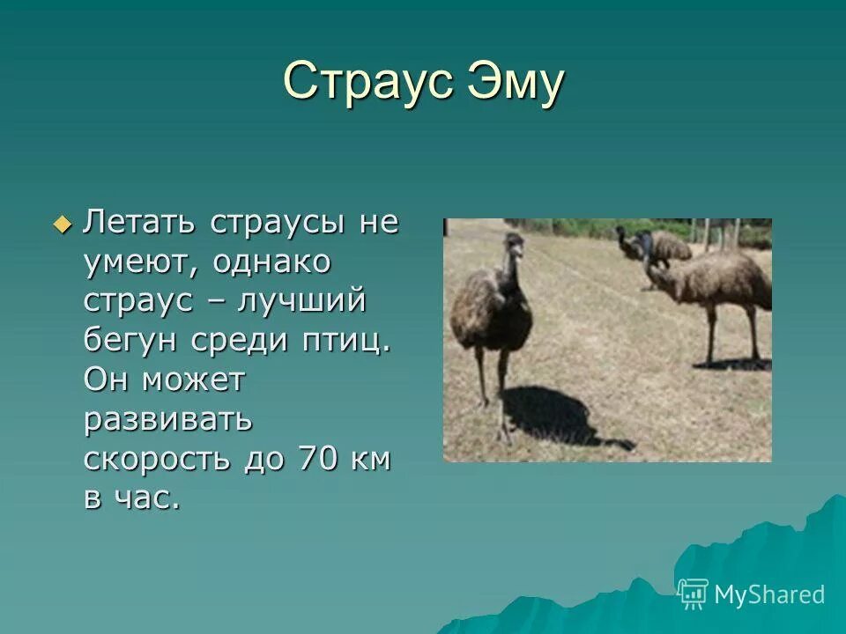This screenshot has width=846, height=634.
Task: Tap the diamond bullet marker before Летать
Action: [61, 224]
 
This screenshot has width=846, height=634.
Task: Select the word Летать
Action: [140, 222]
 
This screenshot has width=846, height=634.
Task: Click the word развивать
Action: [168, 420]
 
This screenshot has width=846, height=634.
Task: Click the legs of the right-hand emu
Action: [731, 335]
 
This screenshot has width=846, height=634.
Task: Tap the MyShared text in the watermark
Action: [768, 594]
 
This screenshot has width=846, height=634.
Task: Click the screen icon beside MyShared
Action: [694, 594]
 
